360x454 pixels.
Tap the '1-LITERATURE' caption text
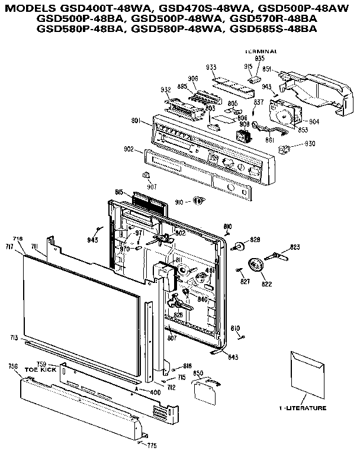pyautogui.click(x=303, y=408)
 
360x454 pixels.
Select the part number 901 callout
pyautogui.click(x=136, y=121)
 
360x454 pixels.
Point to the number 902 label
pyautogui.click(x=128, y=150)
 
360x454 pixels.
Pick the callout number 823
pyautogui.click(x=294, y=247)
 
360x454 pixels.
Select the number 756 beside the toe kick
pyautogui.click(x=14, y=366)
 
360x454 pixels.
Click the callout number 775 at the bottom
pyautogui.click(x=152, y=445)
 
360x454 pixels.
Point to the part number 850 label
pyautogui.click(x=198, y=373)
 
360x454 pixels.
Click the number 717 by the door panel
pyautogui.click(x=9, y=246)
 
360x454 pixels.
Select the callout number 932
pyautogui.click(x=149, y=89)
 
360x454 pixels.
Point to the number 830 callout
pyautogui.click(x=310, y=144)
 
